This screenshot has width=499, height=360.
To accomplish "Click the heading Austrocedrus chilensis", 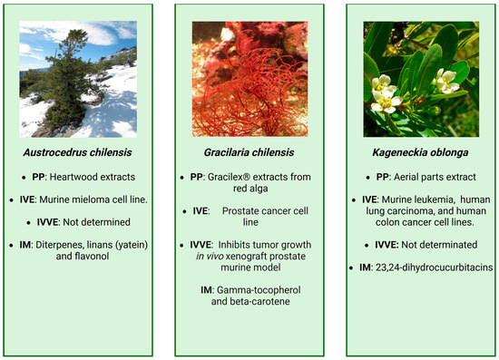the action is coord(77,152).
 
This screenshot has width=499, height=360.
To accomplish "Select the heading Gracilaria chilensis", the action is coord(249,152).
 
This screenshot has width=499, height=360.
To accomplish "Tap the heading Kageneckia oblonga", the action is coord(420,152).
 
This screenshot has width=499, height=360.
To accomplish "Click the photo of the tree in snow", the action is coord(78,79).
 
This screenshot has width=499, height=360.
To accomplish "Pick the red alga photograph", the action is coord(249,79).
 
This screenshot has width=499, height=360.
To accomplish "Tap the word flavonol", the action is coord(83,256).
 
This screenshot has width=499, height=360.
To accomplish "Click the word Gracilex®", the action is coord(229,177).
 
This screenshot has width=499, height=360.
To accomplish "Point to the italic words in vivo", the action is coord(210,257).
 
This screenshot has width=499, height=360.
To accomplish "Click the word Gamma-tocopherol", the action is coord(259,290).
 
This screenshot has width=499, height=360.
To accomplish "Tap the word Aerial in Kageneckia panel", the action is coord(405,177).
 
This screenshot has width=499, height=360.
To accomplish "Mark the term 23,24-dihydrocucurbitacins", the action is coord(434,268).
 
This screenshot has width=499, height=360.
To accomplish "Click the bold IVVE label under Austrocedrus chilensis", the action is coord(47,222).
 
